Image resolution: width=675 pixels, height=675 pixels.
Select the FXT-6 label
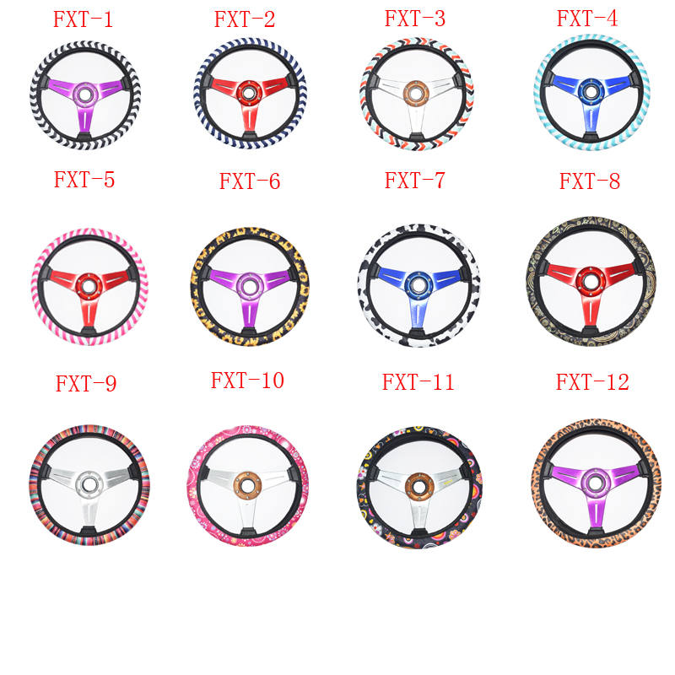[x=250, y=181]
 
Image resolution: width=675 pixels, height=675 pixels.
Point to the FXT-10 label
[x=247, y=381]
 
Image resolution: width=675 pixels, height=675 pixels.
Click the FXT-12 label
[x=592, y=382]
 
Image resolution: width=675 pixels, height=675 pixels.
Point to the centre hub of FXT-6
[x=249, y=285]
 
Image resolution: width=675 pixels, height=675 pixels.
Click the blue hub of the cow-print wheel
[x=415, y=284]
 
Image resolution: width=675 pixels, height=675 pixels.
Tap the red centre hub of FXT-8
[x=591, y=277]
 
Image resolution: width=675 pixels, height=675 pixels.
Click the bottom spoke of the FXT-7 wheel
[x=415, y=319]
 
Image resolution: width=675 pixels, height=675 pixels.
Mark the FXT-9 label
[x=85, y=384]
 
